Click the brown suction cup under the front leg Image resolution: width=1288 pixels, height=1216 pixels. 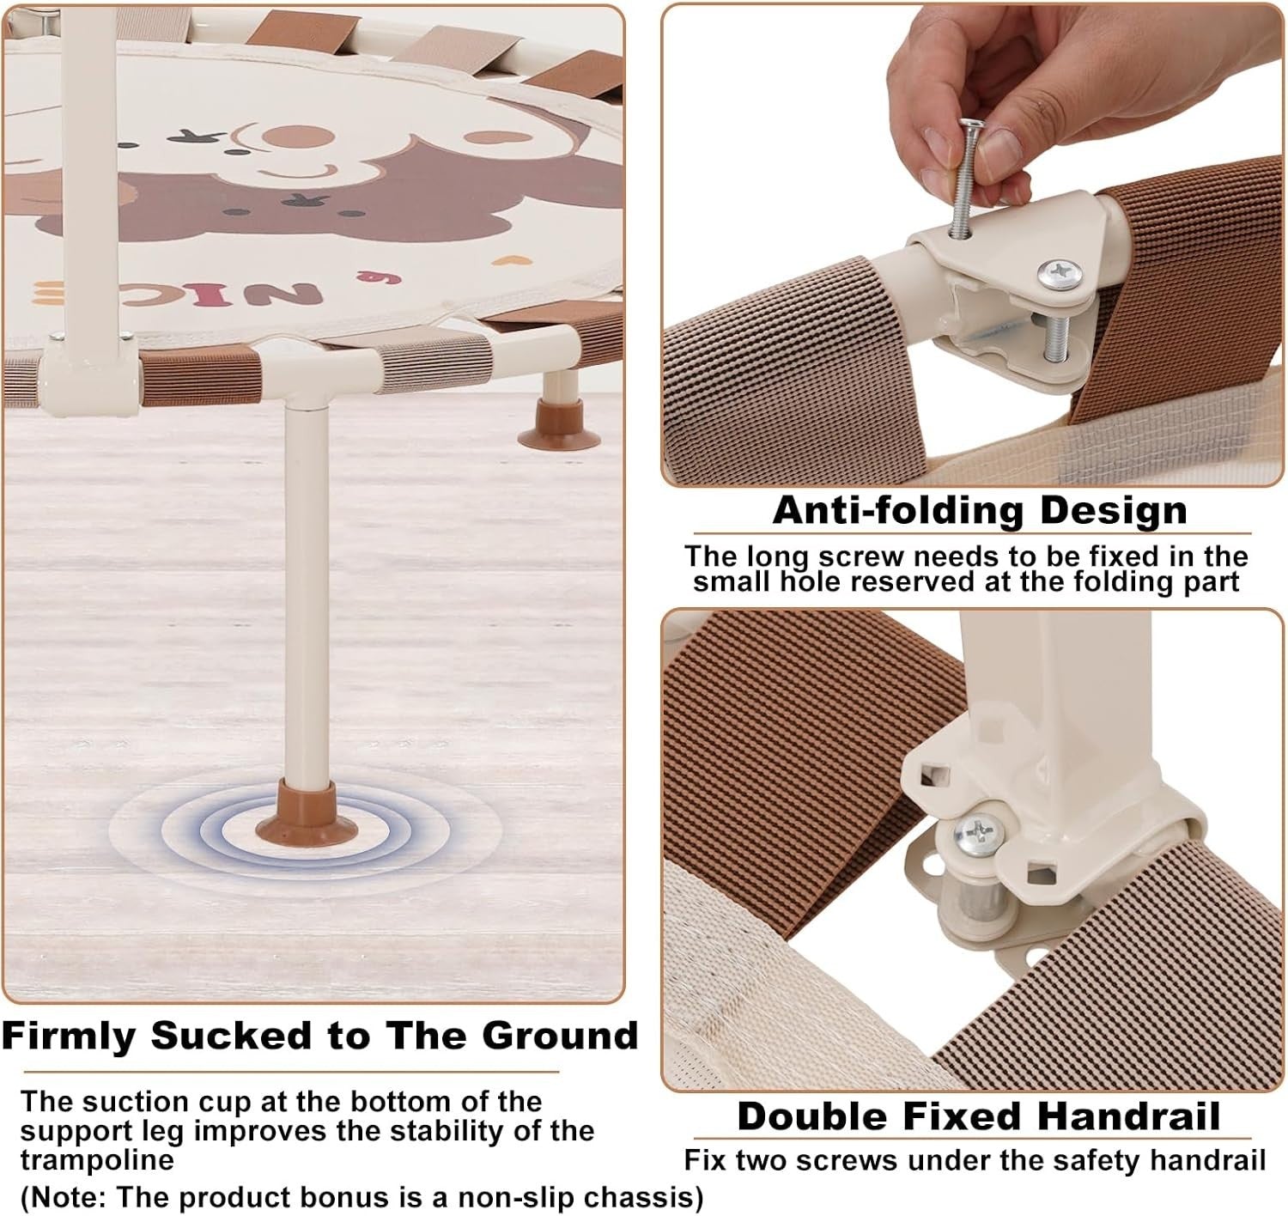306,814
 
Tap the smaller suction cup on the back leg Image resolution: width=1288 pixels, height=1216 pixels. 558,425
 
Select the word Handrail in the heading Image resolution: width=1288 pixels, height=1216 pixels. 1128,1116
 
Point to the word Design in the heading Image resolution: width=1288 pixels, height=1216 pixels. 1115,510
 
